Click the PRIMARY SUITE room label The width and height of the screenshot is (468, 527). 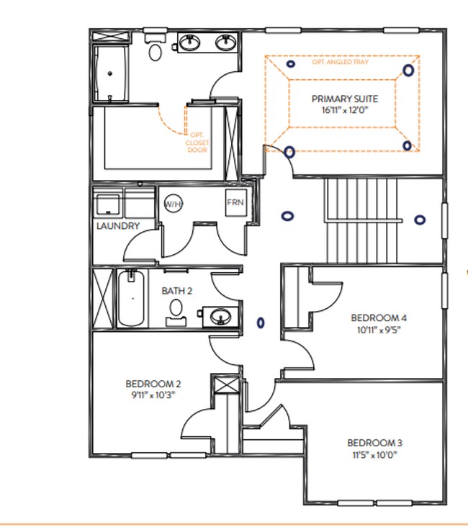pyautogui.click(x=343, y=99)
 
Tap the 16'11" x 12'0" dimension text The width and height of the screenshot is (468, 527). pyautogui.click(x=343, y=110)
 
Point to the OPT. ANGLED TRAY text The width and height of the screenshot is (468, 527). pyautogui.click(x=339, y=63)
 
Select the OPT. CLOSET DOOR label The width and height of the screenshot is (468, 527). pyautogui.click(x=199, y=143)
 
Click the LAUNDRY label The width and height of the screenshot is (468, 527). pyautogui.click(x=117, y=226)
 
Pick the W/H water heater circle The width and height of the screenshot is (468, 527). pyautogui.click(x=173, y=204)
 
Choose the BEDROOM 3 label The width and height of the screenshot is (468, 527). pyautogui.click(x=374, y=442)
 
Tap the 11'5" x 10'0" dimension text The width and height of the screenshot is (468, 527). pyautogui.click(x=374, y=454)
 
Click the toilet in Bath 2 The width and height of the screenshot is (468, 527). pyautogui.click(x=176, y=310)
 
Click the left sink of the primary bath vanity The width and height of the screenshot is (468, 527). pyautogui.click(x=190, y=42)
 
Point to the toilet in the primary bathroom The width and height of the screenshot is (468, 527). pyautogui.click(x=155, y=49)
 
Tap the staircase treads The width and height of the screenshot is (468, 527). pyautogui.click(x=361, y=220)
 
